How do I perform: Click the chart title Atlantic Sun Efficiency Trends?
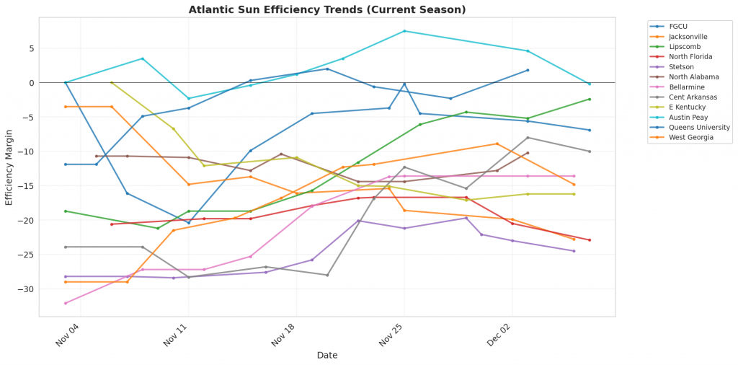[327, 9]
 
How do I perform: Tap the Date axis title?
[327, 355]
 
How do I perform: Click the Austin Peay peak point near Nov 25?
[404, 31]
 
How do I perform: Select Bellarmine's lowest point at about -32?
[66, 303]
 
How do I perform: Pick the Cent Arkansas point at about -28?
[327, 275]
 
